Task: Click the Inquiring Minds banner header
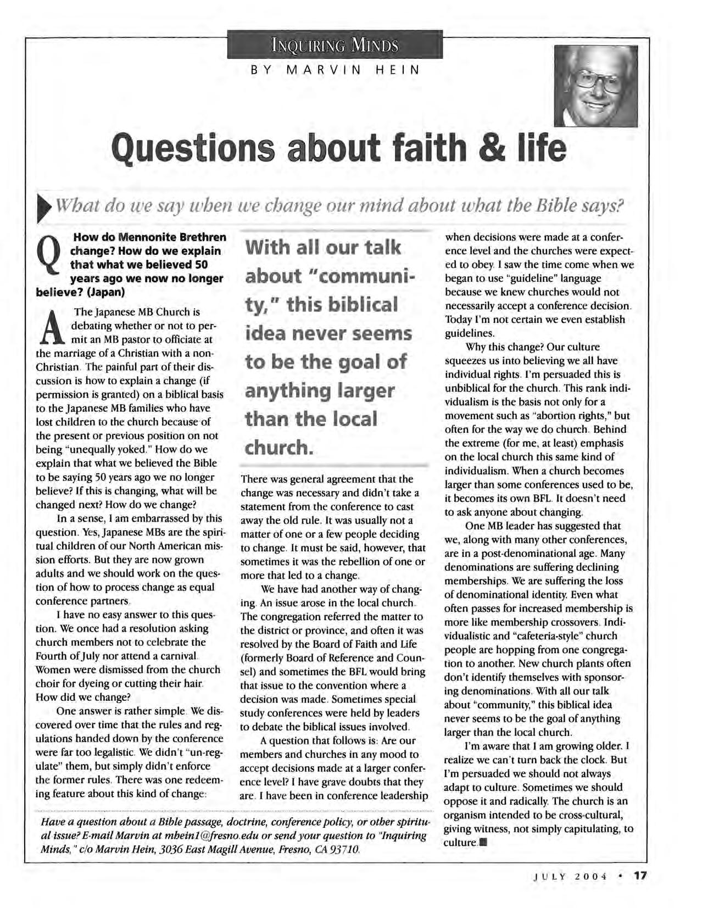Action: (334, 44)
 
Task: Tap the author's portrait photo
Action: (595, 86)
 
